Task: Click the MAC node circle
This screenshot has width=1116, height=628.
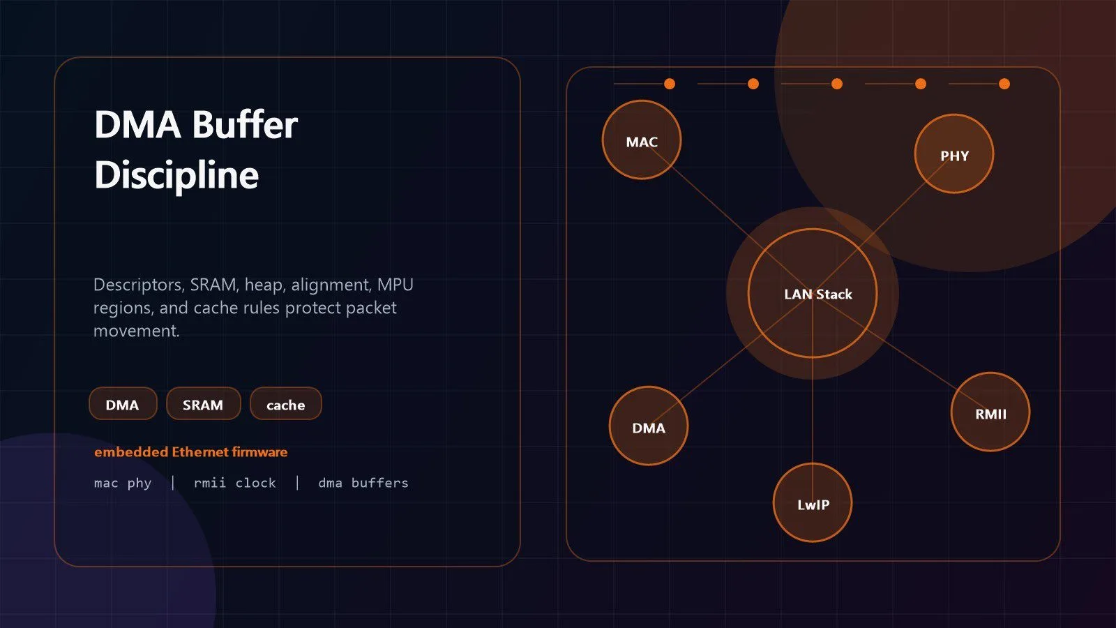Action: click(x=642, y=140)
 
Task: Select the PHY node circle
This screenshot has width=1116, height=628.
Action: click(x=954, y=154)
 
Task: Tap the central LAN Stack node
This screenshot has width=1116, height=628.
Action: click(x=813, y=294)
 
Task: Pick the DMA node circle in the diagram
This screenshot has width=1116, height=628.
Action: click(x=649, y=426)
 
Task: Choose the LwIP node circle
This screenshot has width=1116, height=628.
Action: click(x=813, y=503)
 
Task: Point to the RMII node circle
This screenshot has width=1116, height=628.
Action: click(x=990, y=412)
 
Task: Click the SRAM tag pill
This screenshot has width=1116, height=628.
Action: click(x=203, y=404)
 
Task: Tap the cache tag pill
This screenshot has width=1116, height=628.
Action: click(x=285, y=404)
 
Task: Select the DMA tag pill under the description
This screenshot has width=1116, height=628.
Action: click(x=123, y=404)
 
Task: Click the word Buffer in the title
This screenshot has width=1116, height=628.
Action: click(x=245, y=125)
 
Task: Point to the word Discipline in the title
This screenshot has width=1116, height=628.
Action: click(x=177, y=175)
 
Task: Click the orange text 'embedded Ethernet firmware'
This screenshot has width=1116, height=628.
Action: click(x=191, y=452)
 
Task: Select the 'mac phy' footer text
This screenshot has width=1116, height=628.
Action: click(x=123, y=483)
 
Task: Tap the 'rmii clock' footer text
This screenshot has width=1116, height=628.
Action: click(x=234, y=482)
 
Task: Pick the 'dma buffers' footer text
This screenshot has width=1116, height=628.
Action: click(x=363, y=482)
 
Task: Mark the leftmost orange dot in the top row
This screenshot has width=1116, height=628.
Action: click(x=670, y=84)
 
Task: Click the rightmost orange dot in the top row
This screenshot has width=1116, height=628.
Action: click(x=1004, y=84)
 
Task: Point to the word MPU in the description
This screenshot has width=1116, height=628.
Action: click(x=395, y=285)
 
